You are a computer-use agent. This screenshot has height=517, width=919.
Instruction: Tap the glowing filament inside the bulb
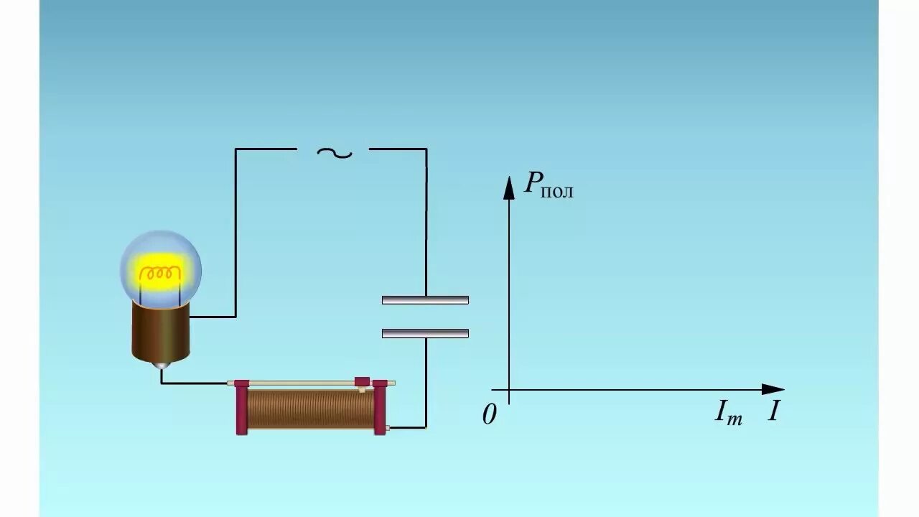pos(160,274)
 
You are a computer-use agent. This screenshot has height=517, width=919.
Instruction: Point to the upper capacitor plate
pos(425,299)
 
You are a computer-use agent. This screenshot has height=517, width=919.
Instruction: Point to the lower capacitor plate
pos(425,333)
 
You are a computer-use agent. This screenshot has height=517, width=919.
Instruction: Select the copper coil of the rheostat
pos(310,409)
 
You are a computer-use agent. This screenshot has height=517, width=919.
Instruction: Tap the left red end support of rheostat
pos(241,407)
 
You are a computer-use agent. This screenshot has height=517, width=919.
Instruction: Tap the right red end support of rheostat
pos(380,407)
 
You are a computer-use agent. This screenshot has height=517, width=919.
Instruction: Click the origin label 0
pos(490,415)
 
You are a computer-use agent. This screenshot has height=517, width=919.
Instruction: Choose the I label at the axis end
pos(773,411)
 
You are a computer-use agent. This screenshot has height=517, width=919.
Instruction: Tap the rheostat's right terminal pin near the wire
pos(388,428)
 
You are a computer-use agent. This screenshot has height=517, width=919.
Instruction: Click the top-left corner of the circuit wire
pos(235,149)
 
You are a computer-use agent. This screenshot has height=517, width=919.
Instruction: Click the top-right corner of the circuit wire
pos(426,149)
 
